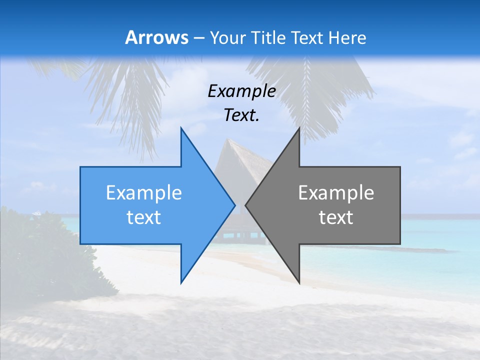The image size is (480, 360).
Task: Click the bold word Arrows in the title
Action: tap(157, 37)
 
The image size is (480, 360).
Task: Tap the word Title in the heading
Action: tap(268, 37)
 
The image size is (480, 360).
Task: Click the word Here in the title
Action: tap(347, 37)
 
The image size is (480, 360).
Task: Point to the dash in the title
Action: tap(198, 38)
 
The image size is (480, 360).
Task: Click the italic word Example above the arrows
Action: tap(241, 91)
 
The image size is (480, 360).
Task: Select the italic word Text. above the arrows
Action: tap(241, 115)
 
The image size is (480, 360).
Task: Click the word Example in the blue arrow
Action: tap(143, 193)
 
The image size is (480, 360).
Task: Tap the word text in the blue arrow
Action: tap(143, 217)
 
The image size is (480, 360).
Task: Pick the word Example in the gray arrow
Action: tap(336, 193)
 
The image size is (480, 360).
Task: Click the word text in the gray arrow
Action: tap(336, 217)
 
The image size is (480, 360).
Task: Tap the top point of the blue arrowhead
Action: tap(181, 128)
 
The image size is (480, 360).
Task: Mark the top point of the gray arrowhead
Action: tap(299, 128)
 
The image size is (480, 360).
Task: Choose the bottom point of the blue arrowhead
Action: tap(181, 281)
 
